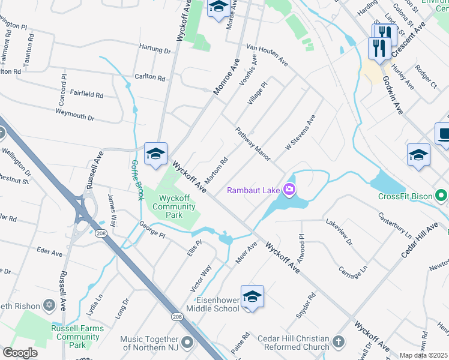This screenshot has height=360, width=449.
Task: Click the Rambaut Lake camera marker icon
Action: tap(289, 190)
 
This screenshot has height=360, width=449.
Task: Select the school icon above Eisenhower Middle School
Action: tap(253, 298)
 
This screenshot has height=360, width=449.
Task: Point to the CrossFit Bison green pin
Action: tap(441, 196)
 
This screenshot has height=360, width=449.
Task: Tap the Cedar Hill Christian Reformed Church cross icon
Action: tap(339, 342)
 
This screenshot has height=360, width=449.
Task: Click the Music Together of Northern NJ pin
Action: tap(187, 343)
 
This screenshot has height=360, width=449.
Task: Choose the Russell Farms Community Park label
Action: tap(76, 337)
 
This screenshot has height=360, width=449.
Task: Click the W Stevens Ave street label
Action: tap(300, 133)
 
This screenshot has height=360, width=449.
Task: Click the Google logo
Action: tap(20, 353)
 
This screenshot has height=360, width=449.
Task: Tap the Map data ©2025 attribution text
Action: tap(424, 355)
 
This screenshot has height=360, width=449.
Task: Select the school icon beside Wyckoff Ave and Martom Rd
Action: tap(155, 154)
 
